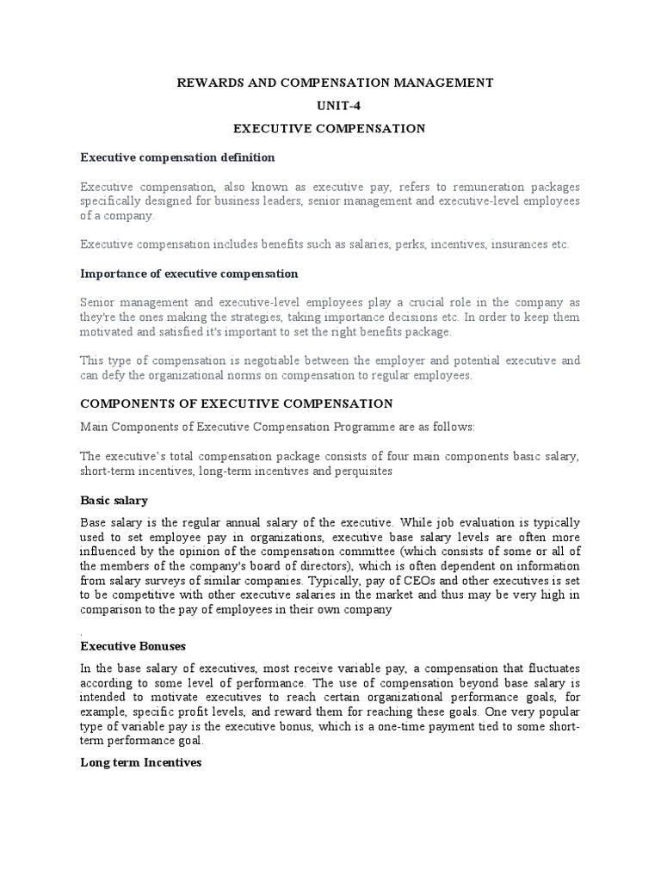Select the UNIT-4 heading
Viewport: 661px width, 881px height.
[x=330, y=105]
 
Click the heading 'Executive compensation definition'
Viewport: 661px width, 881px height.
[x=177, y=157]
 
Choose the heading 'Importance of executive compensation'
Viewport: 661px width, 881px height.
[x=188, y=274]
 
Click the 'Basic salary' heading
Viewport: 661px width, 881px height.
[x=114, y=500]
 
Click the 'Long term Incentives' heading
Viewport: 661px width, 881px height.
[x=140, y=762]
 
